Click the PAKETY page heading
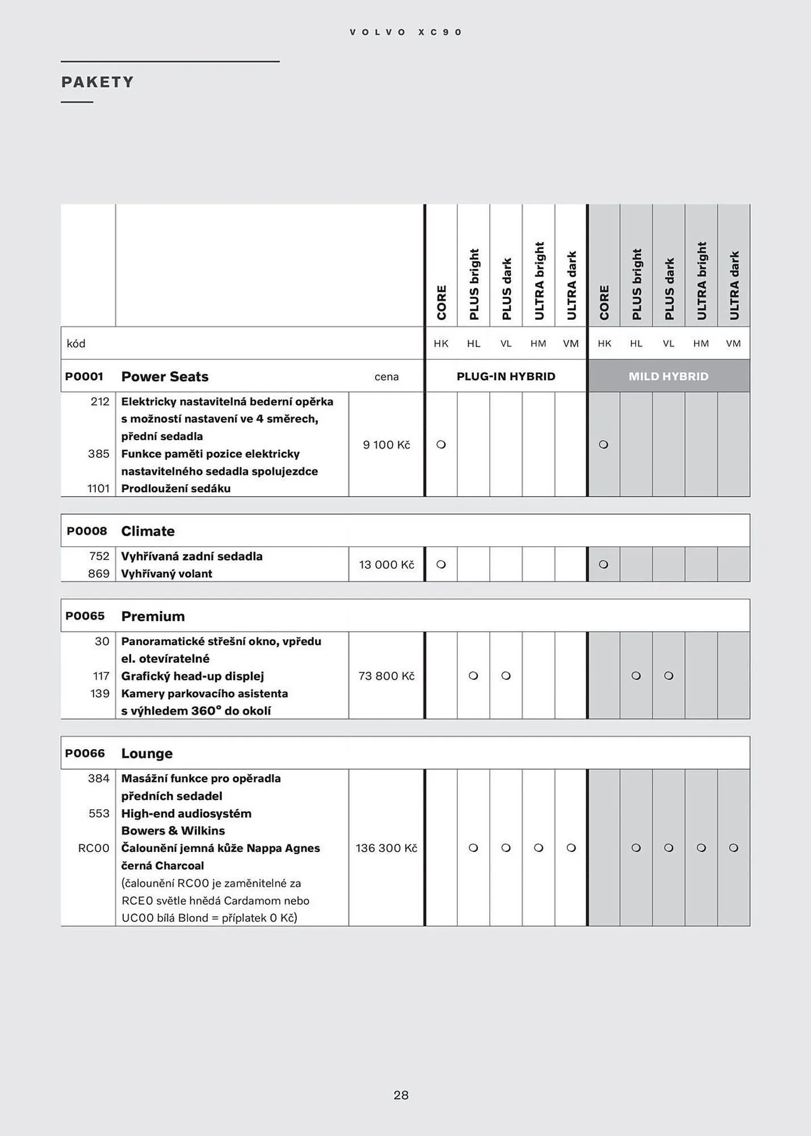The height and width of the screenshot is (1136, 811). pos(97,82)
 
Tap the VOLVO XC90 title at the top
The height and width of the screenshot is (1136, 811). pos(406,32)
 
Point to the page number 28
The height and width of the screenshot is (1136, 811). pos(401,1095)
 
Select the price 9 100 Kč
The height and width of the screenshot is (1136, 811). pos(386,445)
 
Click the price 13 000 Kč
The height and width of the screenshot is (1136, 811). pos(386,565)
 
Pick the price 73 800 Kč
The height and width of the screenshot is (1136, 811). pos(386,676)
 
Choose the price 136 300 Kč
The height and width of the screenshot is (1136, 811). pos(386,848)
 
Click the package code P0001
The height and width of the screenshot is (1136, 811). pos(84,377)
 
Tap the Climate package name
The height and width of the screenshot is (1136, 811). pos(148,531)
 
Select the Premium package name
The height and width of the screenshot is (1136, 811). pos(153,616)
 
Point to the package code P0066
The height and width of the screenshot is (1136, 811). pos(85,753)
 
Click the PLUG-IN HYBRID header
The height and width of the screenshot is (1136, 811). pos(506,377)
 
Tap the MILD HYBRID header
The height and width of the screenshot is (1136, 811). pos(669,377)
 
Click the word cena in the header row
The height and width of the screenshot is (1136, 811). pos(386,377)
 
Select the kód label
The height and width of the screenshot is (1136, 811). pos(76,344)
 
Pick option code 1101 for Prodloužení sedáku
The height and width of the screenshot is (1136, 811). pos(98,488)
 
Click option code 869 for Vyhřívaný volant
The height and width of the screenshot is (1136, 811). pos(99,574)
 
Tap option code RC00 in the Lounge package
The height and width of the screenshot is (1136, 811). pos(94,848)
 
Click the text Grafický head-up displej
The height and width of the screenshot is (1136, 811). pos(192,676)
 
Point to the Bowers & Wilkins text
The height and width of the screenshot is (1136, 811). pos(173,830)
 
